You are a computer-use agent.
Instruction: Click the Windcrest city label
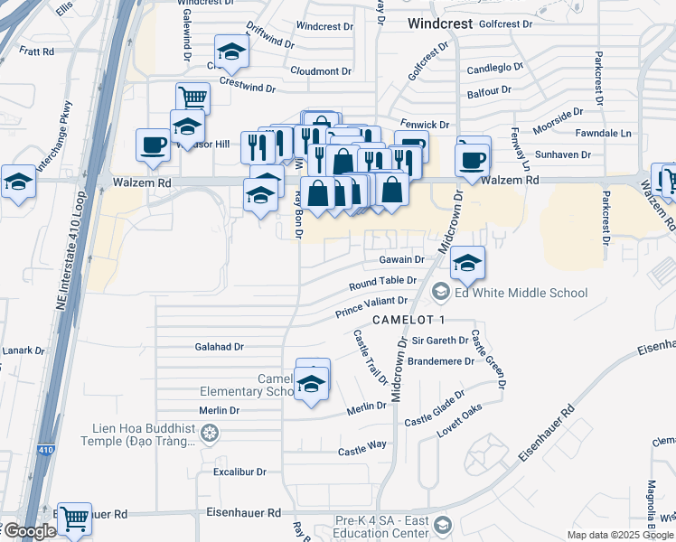439,23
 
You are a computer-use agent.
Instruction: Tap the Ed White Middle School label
522,293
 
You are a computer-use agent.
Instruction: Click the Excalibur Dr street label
239,472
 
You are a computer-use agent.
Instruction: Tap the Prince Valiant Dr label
371,307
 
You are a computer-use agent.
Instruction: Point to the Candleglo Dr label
495,69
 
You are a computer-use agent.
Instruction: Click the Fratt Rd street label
36,51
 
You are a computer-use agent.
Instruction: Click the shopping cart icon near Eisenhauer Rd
74,518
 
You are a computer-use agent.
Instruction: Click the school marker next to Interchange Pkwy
17,182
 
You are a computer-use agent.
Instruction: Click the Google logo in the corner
30,531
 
